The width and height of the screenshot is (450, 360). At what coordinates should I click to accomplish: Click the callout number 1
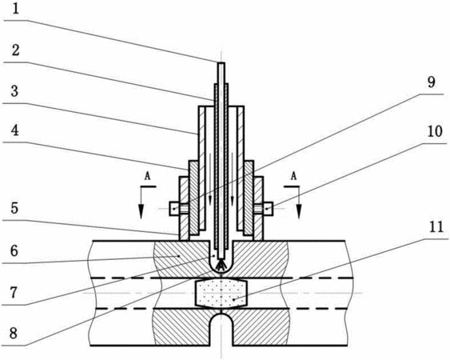[15, 10]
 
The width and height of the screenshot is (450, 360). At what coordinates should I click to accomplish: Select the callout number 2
[15, 50]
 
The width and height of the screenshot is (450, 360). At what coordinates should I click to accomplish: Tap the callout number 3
[14, 91]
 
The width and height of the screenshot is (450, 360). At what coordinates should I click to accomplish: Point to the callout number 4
[15, 131]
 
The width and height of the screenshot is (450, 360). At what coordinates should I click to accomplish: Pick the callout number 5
[14, 209]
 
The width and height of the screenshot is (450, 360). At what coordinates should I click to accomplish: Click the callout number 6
[14, 251]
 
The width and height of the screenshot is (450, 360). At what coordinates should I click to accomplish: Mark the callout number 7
[14, 293]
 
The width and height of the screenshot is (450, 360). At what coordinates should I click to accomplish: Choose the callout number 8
[14, 334]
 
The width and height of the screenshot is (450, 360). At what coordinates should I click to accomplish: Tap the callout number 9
[431, 83]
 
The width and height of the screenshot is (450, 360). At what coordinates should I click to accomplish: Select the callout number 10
[435, 132]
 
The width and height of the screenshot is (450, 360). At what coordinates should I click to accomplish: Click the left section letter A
[147, 177]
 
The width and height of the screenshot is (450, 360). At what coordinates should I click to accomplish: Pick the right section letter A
[293, 177]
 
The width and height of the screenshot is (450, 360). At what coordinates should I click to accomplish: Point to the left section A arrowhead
[141, 212]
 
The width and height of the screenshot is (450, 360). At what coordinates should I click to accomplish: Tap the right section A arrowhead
[299, 212]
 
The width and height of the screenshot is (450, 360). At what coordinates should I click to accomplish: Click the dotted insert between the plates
[221, 293]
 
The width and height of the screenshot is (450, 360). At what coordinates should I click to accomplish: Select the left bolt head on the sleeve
[174, 208]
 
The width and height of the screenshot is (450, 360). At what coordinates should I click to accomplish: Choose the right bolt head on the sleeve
[268, 208]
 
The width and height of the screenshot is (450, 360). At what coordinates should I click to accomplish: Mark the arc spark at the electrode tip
[221, 266]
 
